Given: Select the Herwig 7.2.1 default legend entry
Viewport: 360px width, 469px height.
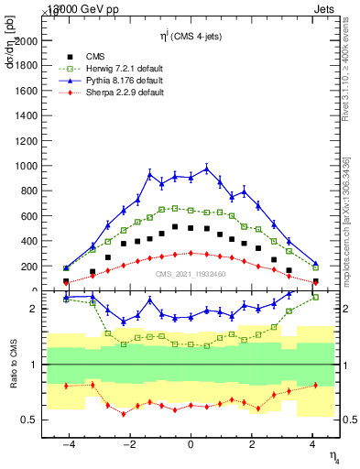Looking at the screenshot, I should coord(124,67).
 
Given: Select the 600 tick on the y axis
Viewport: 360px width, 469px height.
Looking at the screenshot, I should coord(31,216).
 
